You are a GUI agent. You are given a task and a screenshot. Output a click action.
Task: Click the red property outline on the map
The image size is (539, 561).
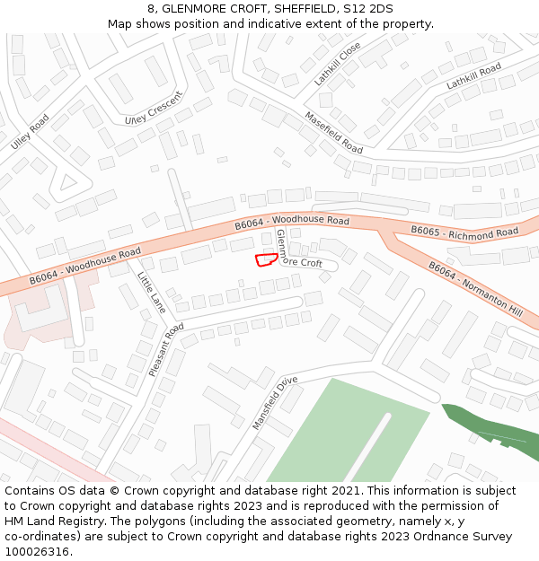click(x=265, y=260)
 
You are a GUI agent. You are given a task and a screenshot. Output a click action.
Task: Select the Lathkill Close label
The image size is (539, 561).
click(x=338, y=64)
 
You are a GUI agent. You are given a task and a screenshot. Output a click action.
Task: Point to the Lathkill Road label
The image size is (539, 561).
click(x=473, y=76)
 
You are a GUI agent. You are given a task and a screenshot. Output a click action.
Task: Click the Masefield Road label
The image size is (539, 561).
click(x=333, y=132)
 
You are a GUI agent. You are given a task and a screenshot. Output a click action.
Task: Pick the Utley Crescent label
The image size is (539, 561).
click(x=154, y=107)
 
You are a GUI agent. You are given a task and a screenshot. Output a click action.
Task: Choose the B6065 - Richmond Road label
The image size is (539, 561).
click(x=464, y=232)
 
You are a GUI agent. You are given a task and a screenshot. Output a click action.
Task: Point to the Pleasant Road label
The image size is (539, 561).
click(x=166, y=348)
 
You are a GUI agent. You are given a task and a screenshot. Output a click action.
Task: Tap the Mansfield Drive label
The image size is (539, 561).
click(x=275, y=402)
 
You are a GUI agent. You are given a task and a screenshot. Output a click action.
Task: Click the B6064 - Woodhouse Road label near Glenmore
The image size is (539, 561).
click(x=291, y=221)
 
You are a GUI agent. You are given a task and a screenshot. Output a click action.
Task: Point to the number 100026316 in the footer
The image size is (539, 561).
click(x=39, y=551)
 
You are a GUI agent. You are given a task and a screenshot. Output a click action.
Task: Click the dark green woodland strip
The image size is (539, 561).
click(x=490, y=432)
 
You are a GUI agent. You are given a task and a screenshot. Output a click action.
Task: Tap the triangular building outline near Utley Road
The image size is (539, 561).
click(x=66, y=184)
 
